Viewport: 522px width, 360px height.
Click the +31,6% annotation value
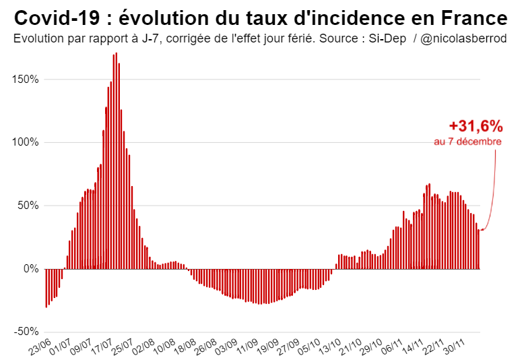(x=476, y=126)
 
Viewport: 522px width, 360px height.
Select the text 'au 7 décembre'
(x=467, y=142)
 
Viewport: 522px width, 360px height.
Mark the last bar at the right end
(x=478, y=249)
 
